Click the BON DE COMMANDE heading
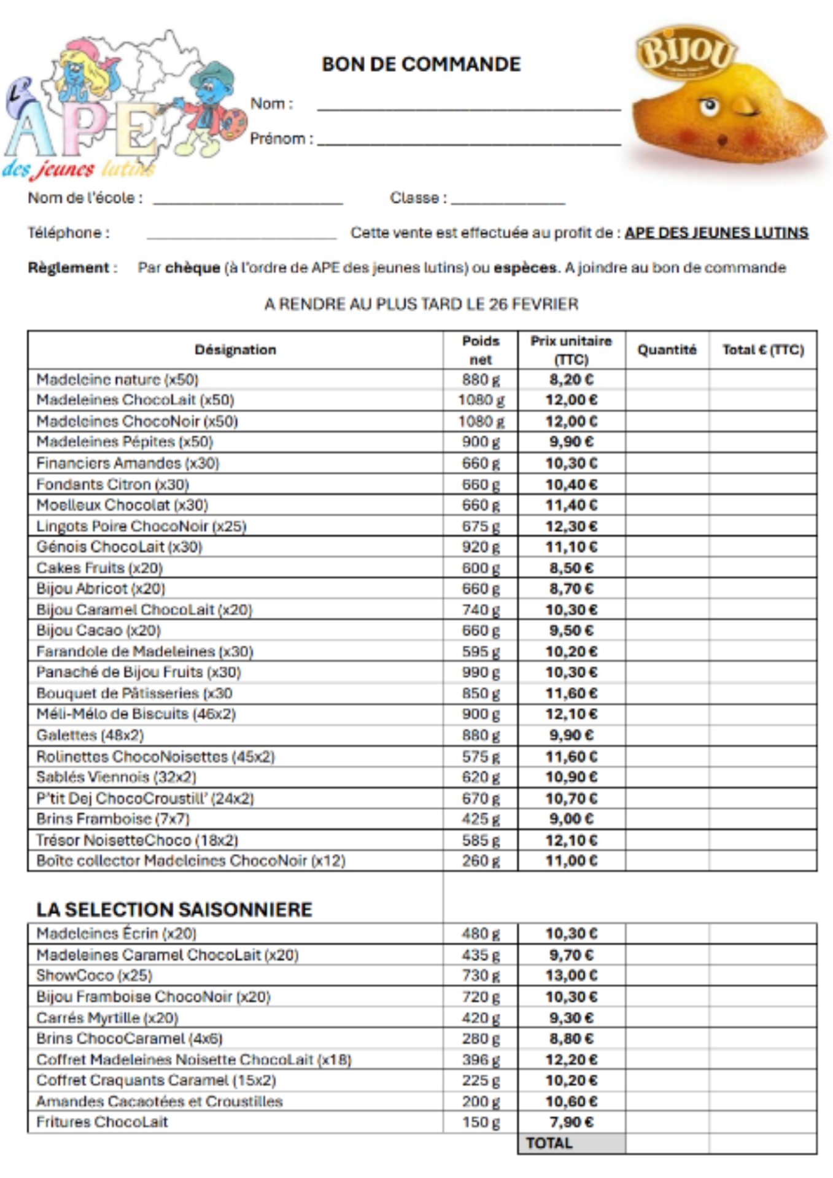click(x=421, y=64)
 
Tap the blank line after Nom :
click(x=469, y=109)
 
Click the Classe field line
click(x=508, y=202)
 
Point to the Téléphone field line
click(x=241, y=237)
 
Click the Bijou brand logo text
click(x=686, y=52)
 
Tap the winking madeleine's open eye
click(x=709, y=107)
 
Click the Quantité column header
click(x=667, y=350)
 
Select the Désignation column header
click(x=235, y=350)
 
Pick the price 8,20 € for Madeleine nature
click(x=571, y=380)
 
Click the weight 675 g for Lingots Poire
click(x=481, y=526)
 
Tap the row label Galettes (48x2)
click(x=90, y=735)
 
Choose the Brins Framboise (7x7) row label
click(x=113, y=819)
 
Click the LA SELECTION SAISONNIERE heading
click(x=174, y=909)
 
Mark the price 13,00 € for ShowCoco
click(x=571, y=976)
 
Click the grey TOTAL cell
click(x=571, y=1143)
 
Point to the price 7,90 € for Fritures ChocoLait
click(x=571, y=1122)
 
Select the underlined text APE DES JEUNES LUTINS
click(x=716, y=233)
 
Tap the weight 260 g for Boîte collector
click(x=481, y=861)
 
